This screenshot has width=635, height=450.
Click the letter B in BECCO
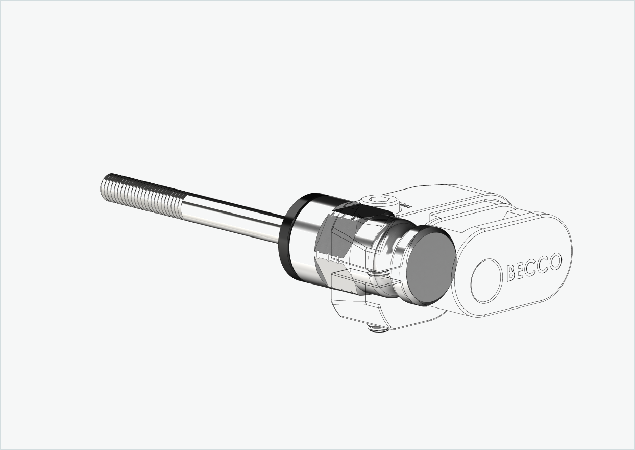tap(511, 273)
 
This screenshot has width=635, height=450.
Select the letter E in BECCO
tap(522, 270)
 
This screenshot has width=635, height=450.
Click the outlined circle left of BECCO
tap(486, 281)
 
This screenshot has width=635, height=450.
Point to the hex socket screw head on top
tap(378, 201)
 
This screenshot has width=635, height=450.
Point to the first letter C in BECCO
tap(532, 268)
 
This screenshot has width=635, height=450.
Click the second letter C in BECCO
tap(543, 265)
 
